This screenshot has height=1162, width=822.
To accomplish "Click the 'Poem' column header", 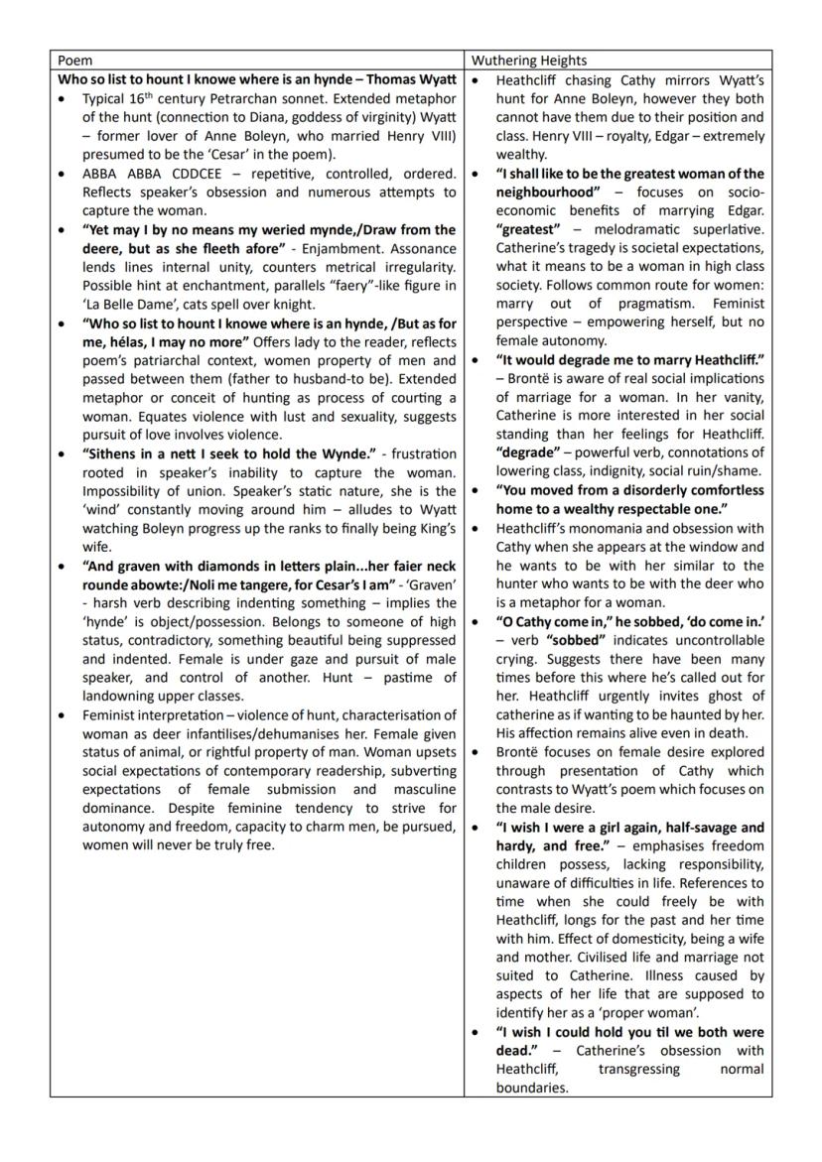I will [x=74, y=60].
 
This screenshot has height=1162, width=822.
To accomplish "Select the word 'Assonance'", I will [x=421, y=248].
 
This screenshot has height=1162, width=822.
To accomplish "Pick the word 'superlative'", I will [x=725, y=229].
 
